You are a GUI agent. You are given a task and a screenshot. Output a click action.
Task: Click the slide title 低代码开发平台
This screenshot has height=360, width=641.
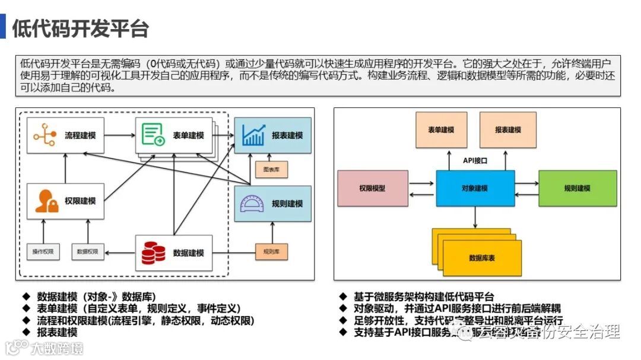[x=80, y=28]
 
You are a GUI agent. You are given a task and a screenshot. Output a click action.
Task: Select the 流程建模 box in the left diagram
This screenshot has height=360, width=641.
[x=65, y=136]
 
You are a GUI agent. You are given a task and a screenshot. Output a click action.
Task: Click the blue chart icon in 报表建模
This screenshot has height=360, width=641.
[x=253, y=135]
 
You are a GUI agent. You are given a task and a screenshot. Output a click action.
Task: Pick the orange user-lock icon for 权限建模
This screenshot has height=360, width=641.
[x=46, y=201]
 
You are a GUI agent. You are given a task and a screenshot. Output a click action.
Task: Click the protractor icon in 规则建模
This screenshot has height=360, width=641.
[x=253, y=203]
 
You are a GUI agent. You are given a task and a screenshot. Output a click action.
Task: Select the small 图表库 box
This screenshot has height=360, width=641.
[x=271, y=170]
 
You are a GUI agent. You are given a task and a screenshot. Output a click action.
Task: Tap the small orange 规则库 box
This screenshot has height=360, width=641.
[x=271, y=251]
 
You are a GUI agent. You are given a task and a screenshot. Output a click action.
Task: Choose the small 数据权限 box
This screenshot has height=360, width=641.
[x=88, y=251]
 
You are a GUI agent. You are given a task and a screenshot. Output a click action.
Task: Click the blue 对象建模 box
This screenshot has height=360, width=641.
[x=475, y=188]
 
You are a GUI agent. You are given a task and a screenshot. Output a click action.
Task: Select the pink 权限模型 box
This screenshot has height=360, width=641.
[x=373, y=188]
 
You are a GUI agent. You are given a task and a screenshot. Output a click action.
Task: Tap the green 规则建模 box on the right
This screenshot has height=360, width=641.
[x=577, y=188]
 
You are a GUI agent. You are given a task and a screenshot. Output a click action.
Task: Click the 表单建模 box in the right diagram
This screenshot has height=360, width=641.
[x=441, y=130]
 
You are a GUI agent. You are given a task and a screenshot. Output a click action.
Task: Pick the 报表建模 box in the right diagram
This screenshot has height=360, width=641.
[x=508, y=130]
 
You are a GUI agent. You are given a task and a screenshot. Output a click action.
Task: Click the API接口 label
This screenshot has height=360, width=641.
[x=475, y=160]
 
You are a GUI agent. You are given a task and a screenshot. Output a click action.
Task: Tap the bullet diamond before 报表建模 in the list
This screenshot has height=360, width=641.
[x=26, y=333]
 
